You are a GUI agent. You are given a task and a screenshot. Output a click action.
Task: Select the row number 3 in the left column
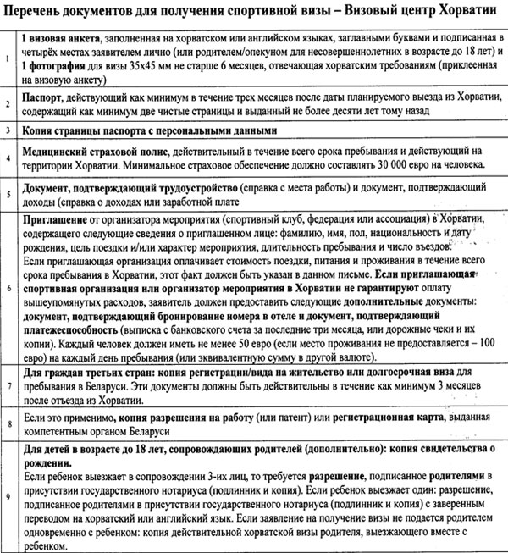(7, 130)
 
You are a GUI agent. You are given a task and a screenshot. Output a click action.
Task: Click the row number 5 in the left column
(7, 195)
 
